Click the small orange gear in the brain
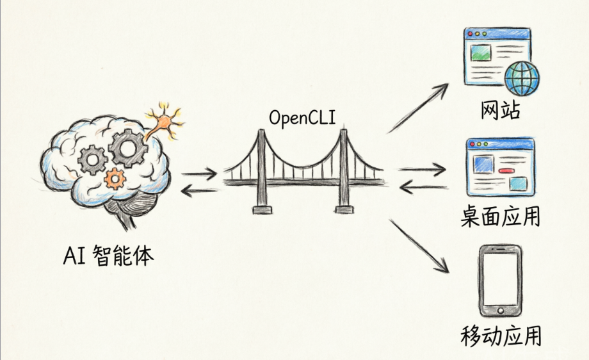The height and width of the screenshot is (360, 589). point(115,177)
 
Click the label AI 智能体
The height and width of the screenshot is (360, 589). point(109,256)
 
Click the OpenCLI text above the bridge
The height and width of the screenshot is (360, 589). point(302,118)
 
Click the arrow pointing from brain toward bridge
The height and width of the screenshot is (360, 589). point(199,174)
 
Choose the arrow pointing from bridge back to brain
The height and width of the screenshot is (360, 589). point(199,189)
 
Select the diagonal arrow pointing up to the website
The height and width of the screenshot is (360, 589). point(417,108)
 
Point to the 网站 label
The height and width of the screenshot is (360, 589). point(501,111)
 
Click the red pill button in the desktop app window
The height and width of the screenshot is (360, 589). point(507,171)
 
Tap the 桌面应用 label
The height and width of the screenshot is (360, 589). point(500,217)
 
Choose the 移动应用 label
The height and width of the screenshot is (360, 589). point(500,336)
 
